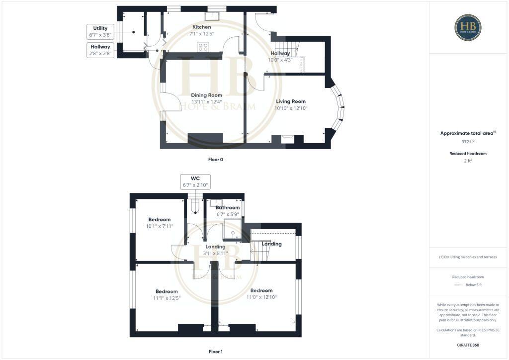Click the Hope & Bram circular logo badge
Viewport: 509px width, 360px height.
467,27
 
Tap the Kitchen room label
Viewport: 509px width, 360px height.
202,27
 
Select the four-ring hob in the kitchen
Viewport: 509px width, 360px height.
203,47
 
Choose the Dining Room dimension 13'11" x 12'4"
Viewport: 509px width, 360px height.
206,102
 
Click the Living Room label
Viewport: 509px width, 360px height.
291,101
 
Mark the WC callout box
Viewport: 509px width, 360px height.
195,181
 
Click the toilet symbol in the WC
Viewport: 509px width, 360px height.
195,205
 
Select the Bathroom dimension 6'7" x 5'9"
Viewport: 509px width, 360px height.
228,214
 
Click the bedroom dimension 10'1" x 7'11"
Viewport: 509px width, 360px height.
160,226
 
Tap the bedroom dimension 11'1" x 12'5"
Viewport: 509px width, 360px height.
167,298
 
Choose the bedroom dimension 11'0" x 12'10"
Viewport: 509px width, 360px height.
261,297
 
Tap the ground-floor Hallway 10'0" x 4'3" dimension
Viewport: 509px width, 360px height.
280,60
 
